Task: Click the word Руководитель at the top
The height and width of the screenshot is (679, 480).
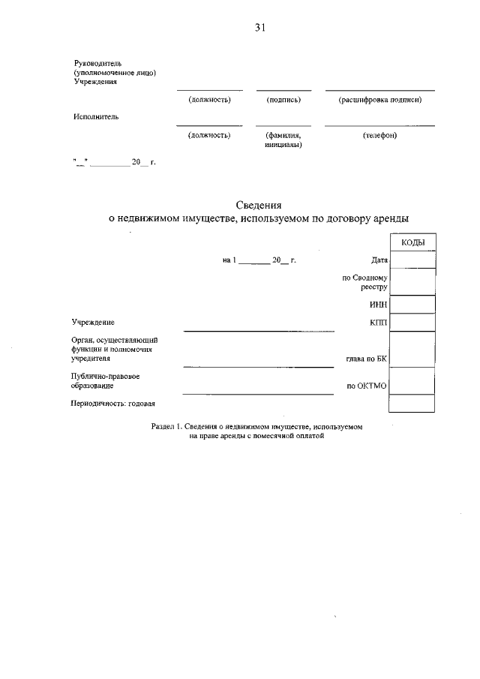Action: [92, 63]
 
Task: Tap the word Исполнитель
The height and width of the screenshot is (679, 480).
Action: [96, 116]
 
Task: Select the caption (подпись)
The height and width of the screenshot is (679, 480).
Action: [283, 99]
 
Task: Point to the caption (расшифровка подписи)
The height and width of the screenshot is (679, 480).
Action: [379, 99]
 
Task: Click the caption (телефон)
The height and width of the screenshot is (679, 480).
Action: [379, 135]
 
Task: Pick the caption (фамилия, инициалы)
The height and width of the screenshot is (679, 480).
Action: [283, 140]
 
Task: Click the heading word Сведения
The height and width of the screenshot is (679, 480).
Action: [259, 204]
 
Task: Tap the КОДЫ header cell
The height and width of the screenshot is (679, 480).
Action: [412, 242]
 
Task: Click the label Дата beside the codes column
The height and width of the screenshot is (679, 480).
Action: [379, 260]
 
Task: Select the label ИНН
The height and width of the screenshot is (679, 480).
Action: [378, 305]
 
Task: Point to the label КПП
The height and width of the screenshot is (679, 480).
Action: [378, 322]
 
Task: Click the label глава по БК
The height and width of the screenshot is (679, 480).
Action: [366, 359]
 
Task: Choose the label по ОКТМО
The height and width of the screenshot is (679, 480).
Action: [367, 386]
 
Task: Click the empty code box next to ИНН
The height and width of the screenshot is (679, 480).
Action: [412, 304]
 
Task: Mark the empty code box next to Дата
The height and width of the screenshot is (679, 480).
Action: [412, 260]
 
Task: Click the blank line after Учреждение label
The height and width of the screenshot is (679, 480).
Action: [259, 329]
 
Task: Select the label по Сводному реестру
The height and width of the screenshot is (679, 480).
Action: [365, 282]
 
